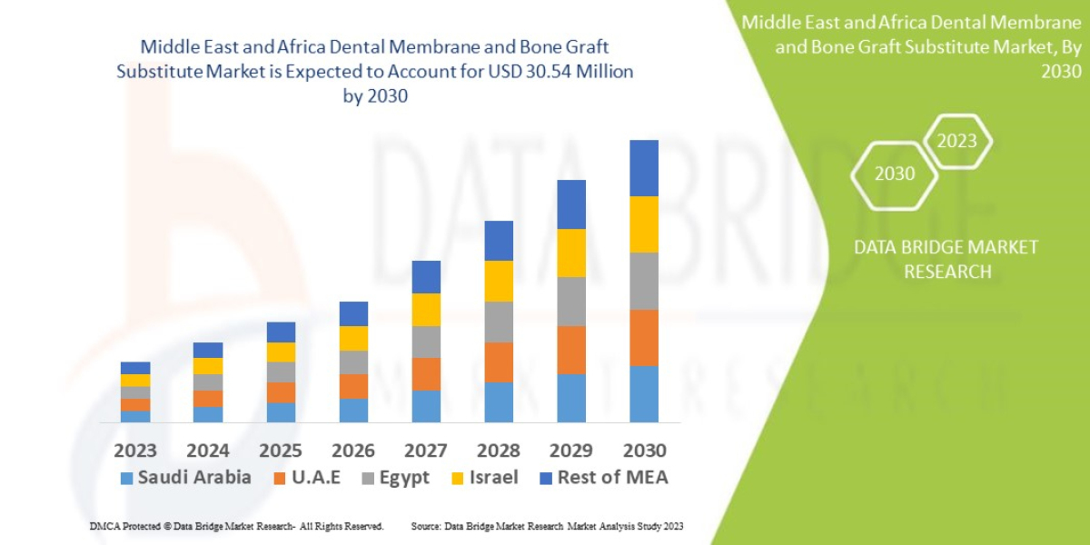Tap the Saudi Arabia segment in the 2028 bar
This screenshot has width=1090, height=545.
tap(499, 401)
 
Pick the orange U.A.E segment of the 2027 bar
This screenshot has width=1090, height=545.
tap(426, 373)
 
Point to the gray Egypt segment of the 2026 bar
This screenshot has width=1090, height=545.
tap(353, 362)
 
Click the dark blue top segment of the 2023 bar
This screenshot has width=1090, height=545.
tap(135, 368)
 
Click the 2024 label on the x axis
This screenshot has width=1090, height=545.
tap(208, 451)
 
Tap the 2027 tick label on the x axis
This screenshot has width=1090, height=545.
tap(426, 451)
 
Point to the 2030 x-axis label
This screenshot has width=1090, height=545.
tap(644, 451)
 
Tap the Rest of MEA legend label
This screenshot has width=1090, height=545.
tap(612, 478)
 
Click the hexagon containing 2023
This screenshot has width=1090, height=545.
tap(956, 141)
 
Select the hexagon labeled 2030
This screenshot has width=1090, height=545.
tap(895, 173)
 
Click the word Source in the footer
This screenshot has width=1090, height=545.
tap(426, 526)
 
